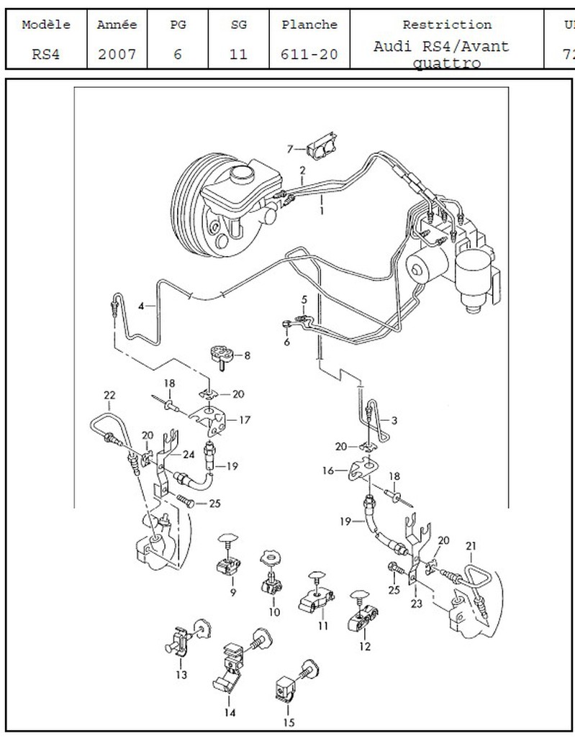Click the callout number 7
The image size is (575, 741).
point(290,149)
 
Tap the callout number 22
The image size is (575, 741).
point(109,395)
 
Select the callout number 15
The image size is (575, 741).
point(289,723)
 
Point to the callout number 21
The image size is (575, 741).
point(471,546)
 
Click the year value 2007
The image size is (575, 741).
point(117,55)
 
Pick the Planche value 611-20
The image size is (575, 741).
point(309,55)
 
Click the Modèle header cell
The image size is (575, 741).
point(46,24)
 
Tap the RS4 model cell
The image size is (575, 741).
point(46,55)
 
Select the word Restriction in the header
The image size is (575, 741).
point(447,24)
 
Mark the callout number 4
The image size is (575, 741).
point(142,305)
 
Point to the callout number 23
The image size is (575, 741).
point(416,604)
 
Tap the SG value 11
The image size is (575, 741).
point(238,55)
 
